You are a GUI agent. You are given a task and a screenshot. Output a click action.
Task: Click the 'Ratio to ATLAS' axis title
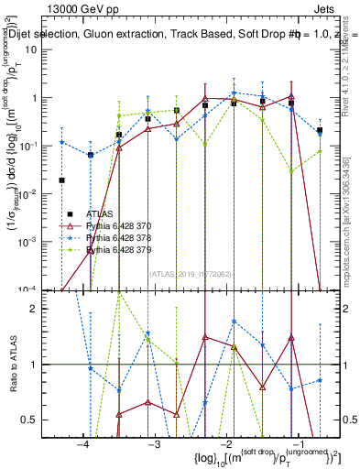tap(12, 365)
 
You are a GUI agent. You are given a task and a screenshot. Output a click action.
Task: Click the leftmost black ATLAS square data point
tap(61, 180)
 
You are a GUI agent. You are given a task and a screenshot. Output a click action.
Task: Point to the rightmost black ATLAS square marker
tap(320, 131)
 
